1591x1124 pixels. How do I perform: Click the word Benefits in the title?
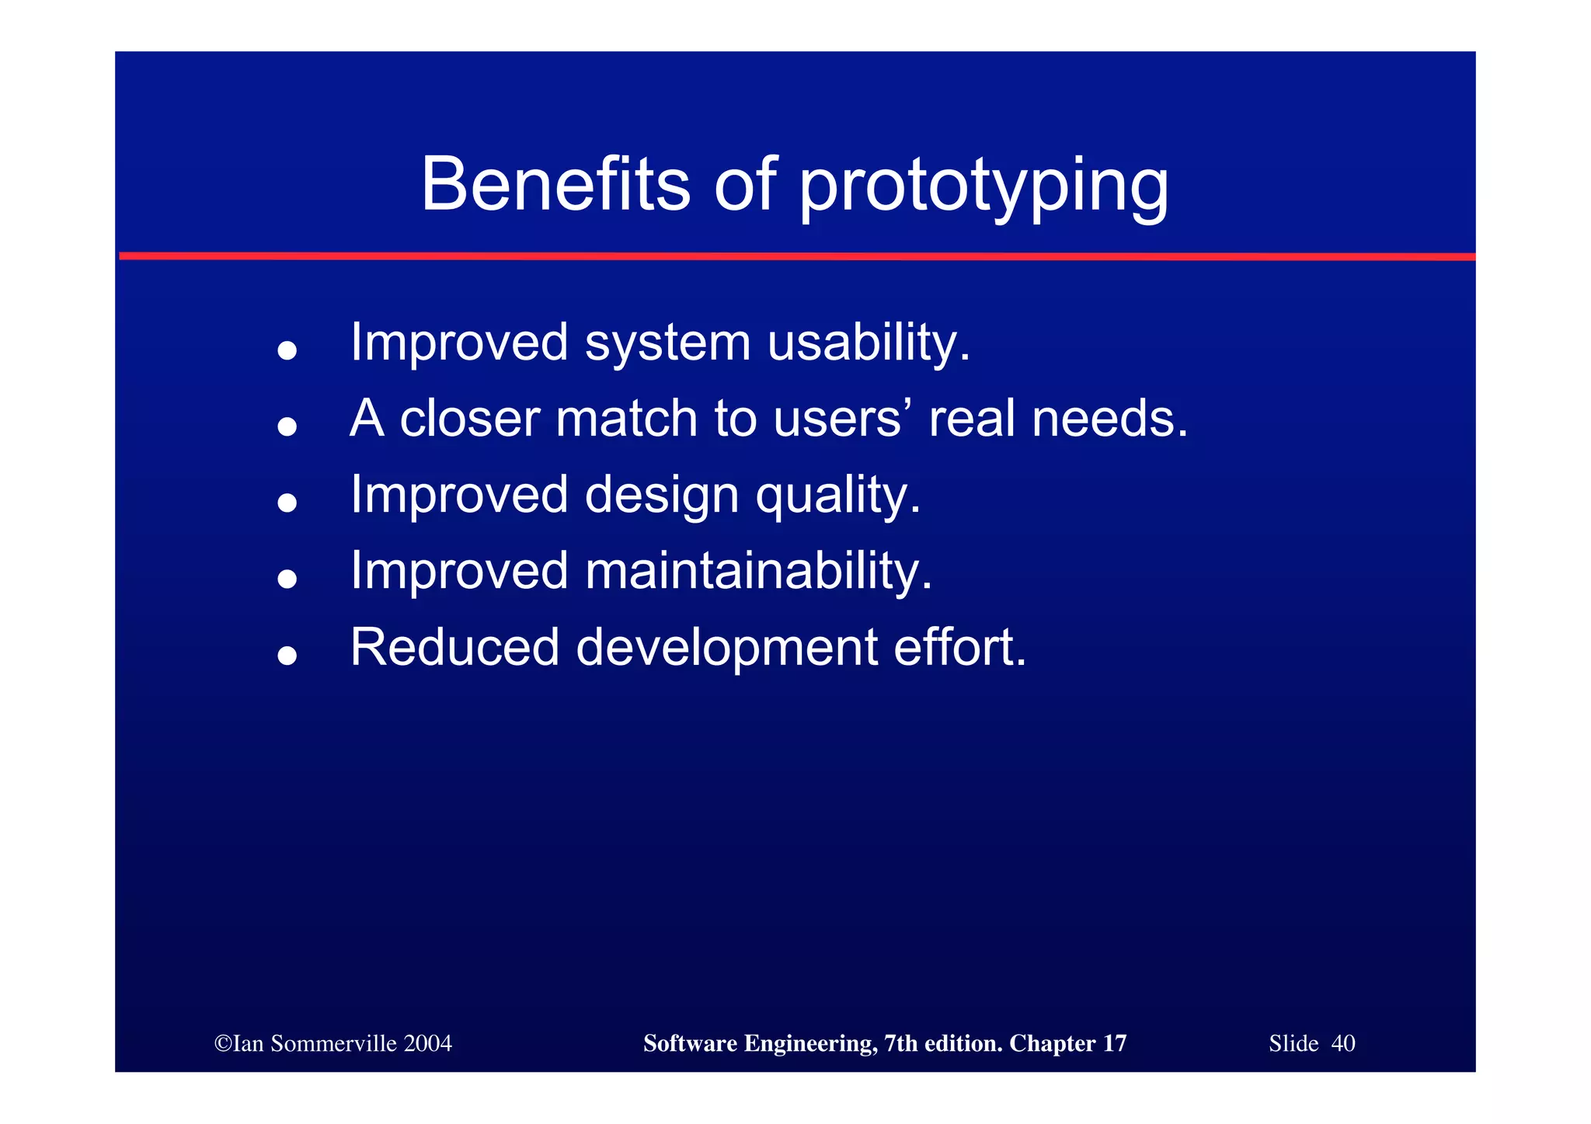555,185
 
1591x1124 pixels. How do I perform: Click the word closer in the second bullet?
469,419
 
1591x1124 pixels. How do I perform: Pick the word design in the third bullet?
661,496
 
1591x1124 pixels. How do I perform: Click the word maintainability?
757,571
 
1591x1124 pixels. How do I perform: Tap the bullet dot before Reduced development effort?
287,656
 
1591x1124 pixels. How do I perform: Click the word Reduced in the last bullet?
454,647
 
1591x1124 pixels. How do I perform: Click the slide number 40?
1343,1043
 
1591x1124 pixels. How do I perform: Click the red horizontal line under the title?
796,256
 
